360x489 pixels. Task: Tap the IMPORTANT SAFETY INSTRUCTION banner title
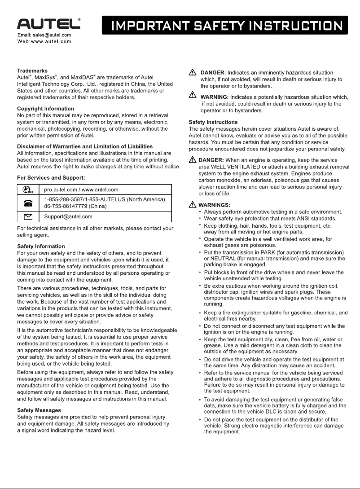(225, 26)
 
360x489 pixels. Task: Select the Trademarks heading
(32, 71)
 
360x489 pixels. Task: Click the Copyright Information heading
(45, 109)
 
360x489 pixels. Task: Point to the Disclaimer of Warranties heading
(85, 146)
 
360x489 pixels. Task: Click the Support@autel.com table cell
(68, 216)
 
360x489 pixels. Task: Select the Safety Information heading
(41, 247)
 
